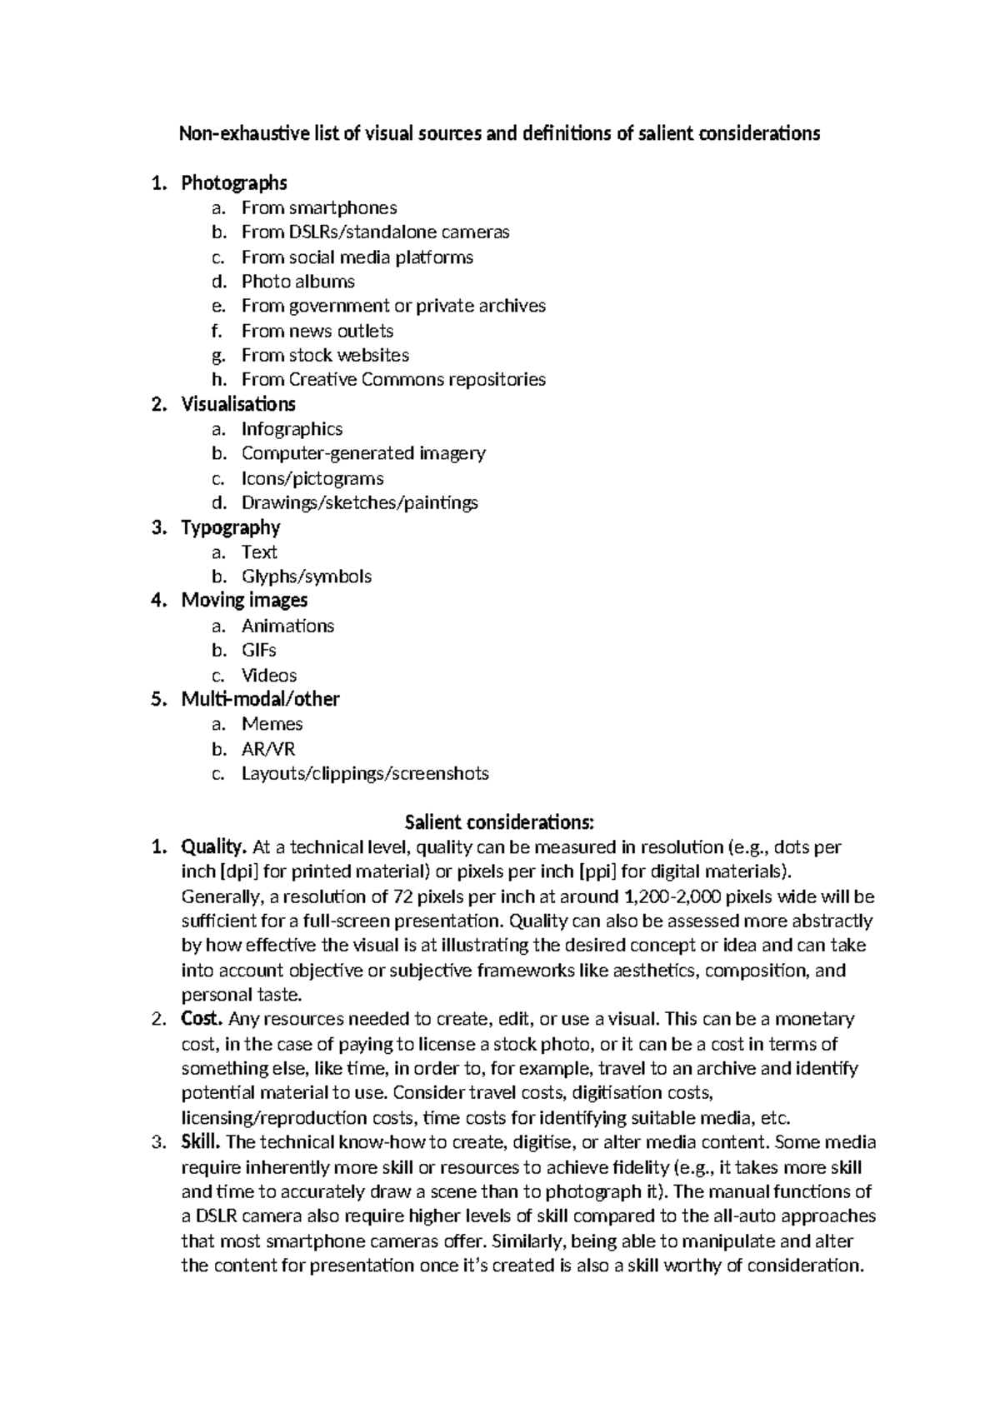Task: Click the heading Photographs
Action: [234, 182]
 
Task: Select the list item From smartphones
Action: [319, 207]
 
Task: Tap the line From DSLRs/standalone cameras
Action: [375, 232]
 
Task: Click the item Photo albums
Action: [297, 282]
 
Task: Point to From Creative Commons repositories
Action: [393, 380]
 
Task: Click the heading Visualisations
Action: [238, 404]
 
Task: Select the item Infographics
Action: [292, 429]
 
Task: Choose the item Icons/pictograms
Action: [312, 478]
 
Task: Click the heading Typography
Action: [231, 527]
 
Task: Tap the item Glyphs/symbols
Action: [306, 577]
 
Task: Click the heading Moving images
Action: [244, 601]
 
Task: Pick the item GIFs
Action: [258, 650]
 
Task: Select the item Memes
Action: [272, 724]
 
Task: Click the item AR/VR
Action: [268, 749]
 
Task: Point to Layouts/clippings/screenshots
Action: [365, 773]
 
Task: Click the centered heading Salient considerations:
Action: [499, 823]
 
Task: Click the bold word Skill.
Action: [200, 1142]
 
